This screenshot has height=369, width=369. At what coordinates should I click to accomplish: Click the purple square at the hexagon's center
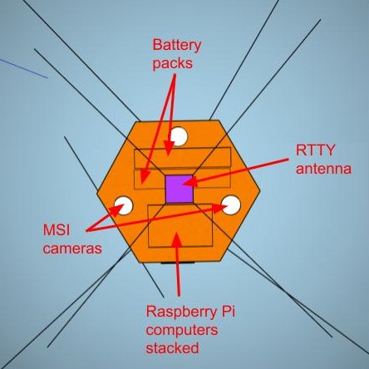coord(179,189)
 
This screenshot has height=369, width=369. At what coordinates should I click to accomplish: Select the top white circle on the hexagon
coord(177,135)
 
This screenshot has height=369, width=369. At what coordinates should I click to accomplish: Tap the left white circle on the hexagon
coord(125,204)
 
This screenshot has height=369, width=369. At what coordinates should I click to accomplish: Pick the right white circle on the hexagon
coord(230,204)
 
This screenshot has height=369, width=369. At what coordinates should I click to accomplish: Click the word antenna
coord(324,169)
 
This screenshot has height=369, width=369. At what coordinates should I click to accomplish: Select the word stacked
coord(173,349)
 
